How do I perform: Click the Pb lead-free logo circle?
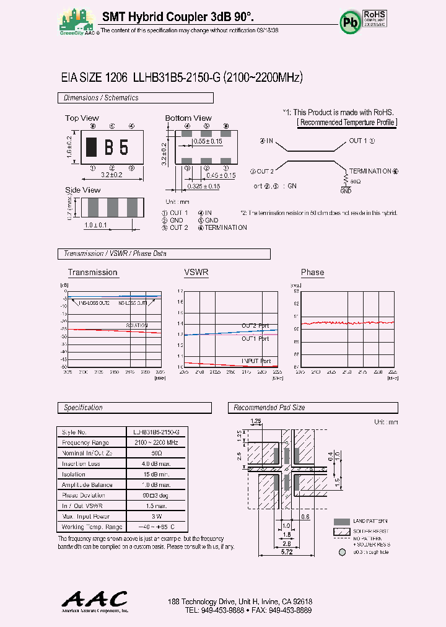pos(348,22)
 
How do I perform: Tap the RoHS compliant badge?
pos(375,19)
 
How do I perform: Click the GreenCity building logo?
pos(76,20)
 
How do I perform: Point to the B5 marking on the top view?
pos(116,147)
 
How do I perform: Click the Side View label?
pos(82,190)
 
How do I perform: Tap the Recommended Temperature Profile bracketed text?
pos(347,122)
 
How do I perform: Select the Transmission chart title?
pos(92,273)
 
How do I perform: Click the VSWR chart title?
pos(196,273)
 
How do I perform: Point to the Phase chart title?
pos(312,273)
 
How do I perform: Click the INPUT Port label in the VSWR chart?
pos(256,361)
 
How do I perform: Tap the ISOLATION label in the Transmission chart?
pos(137,325)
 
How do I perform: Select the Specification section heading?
pos(84,408)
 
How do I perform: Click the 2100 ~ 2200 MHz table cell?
pos(156,442)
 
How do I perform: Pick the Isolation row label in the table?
pos(73,474)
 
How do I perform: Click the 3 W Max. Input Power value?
pos(156,516)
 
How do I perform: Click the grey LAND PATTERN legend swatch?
pos(341,522)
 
